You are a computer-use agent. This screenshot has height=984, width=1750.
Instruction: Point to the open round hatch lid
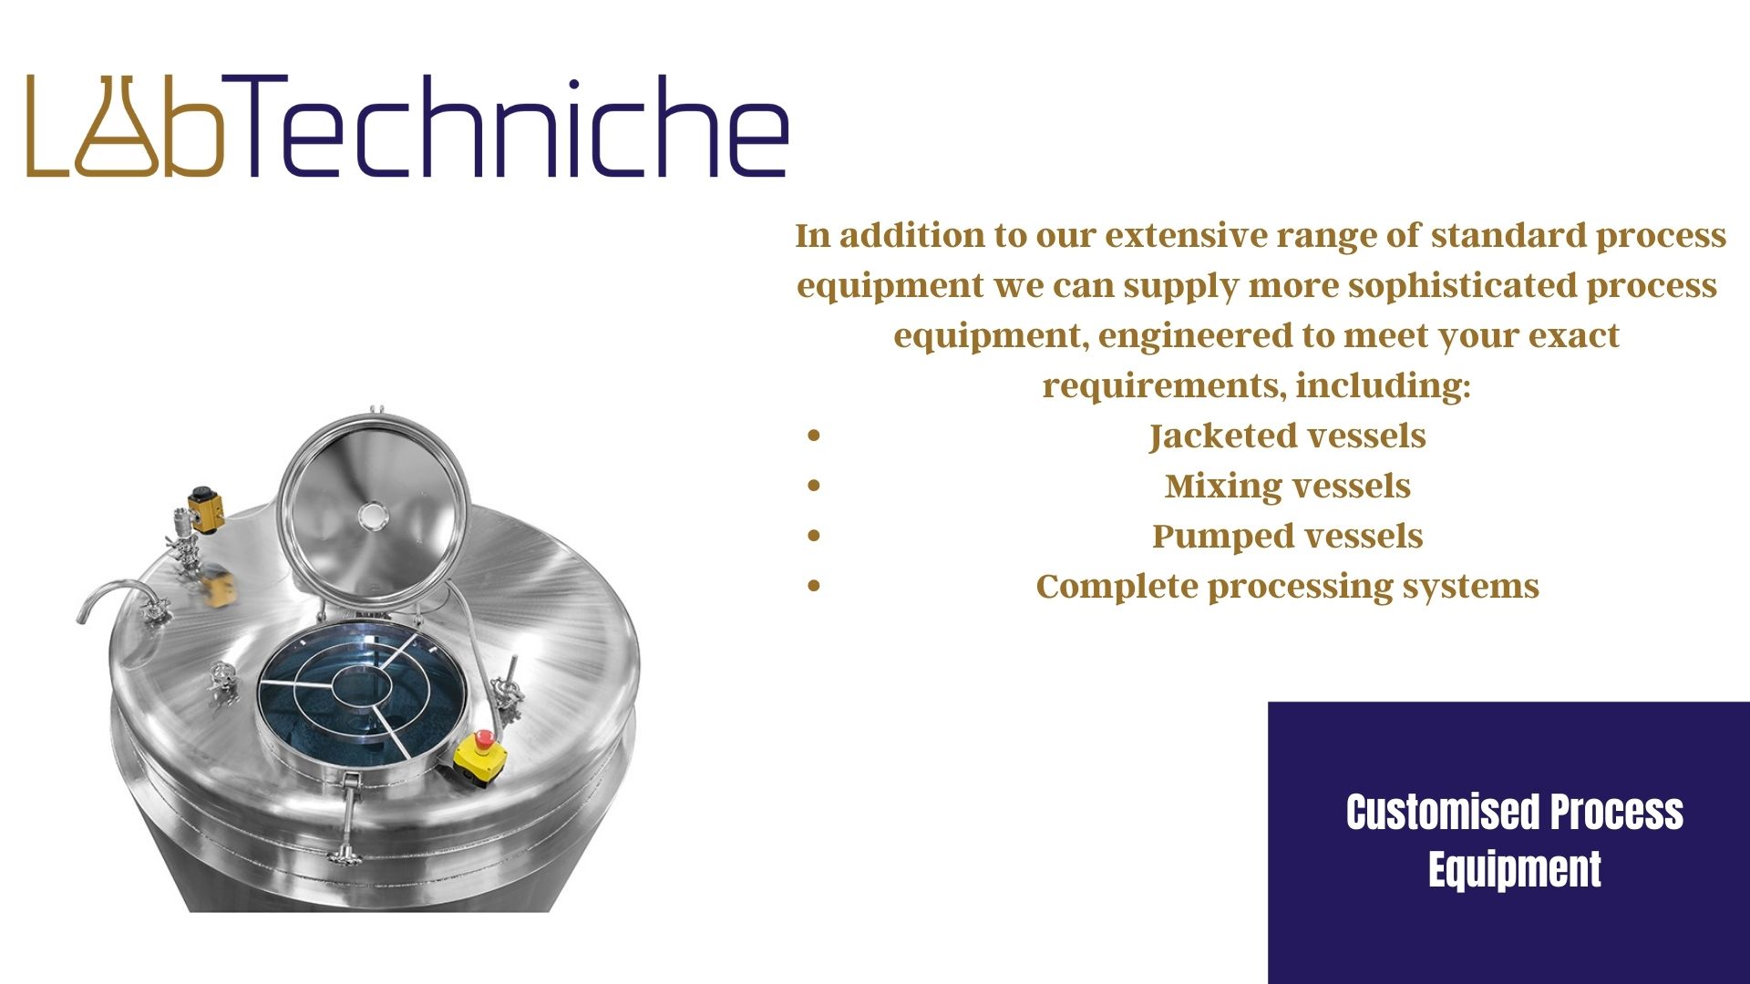point(372,507)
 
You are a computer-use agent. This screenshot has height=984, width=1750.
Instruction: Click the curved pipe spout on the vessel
point(115,597)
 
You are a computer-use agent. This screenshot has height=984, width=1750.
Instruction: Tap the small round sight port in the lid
point(372,516)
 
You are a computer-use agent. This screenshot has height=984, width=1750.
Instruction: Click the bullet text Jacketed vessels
point(1287,436)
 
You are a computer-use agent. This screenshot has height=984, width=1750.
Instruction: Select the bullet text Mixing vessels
point(1287,486)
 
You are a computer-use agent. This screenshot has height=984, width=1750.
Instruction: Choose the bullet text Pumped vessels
point(1287,536)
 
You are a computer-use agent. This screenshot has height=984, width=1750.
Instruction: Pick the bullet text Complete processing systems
point(1287,586)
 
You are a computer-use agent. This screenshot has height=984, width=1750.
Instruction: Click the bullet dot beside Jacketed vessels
point(814,436)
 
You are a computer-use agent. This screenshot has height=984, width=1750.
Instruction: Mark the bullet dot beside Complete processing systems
point(814,586)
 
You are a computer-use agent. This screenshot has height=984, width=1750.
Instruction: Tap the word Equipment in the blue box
point(1514,869)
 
